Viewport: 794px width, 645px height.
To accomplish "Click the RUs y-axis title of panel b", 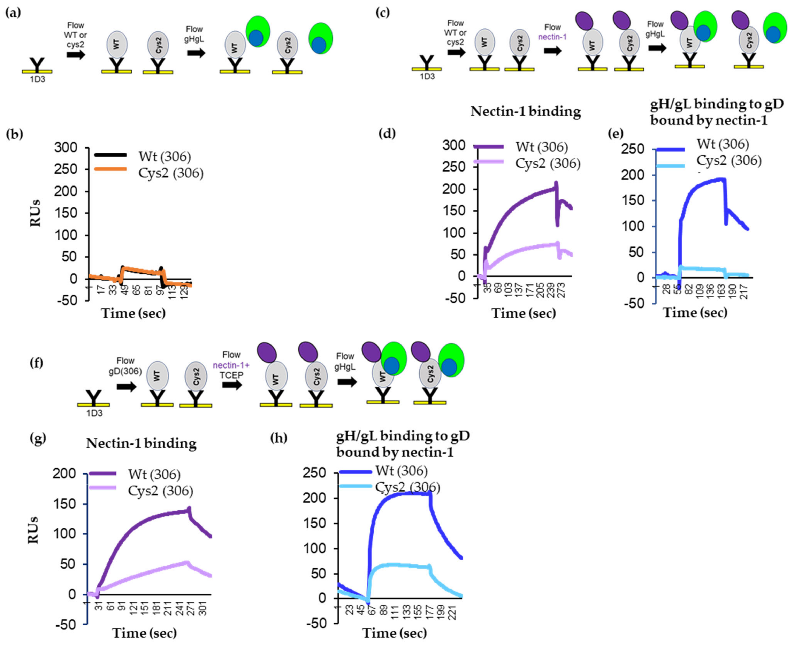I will (x=35, y=213).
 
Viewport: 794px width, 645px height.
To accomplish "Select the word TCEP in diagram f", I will (x=231, y=375).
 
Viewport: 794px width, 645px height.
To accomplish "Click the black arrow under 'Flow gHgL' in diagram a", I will (x=196, y=53).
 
